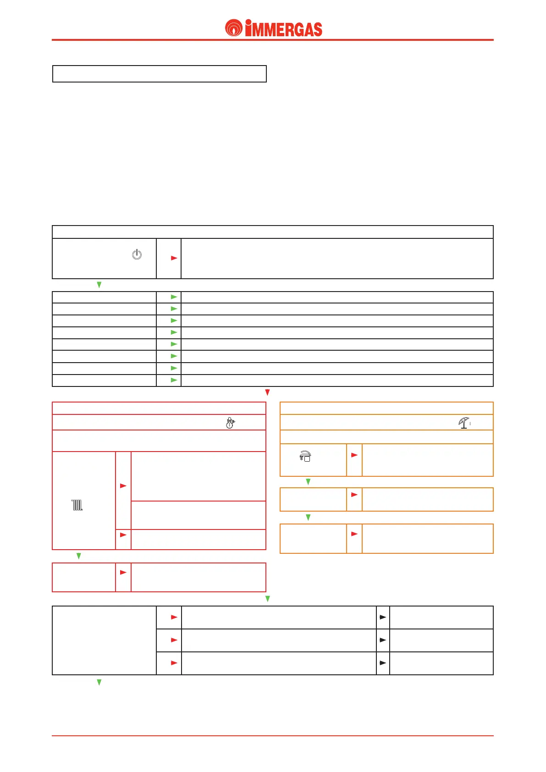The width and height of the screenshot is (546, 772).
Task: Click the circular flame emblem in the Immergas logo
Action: pyautogui.click(x=234, y=28)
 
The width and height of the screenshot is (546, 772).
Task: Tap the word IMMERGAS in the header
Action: pyautogui.click(x=284, y=29)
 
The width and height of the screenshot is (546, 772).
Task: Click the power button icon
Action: pyautogui.click(x=137, y=254)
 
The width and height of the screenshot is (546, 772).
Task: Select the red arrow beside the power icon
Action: pyautogui.click(x=174, y=258)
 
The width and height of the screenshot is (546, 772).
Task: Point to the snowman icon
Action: pyautogui.click(x=230, y=423)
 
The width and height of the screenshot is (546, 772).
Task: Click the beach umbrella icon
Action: pyautogui.click(x=464, y=423)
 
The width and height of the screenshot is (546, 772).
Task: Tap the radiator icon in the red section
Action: pyautogui.click(x=77, y=505)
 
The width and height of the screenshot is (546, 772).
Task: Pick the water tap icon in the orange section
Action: pyautogui.click(x=305, y=456)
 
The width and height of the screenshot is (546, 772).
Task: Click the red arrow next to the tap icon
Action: pyautogui.click(x=354, y=455)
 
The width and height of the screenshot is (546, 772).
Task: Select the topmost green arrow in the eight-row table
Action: pyautogui.click(x=174, y=297)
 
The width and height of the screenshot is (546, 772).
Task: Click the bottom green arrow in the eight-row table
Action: pyautogui.click(x=174, y=380)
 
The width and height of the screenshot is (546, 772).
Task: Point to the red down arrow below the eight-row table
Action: pyautogui.click(x=268, y=393)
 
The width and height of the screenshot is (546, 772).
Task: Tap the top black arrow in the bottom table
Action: pyautogui.click(x=383, y=617)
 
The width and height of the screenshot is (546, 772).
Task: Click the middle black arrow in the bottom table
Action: pyautogui.click(x=383, y=640)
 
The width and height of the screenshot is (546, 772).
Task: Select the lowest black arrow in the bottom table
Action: pyautogui.click(x=383, y=663)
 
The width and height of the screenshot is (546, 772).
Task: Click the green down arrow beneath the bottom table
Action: pyautogui.click(x=99, y=683)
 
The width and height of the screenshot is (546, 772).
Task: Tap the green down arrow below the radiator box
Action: pyautogui.click(x=79, y=556)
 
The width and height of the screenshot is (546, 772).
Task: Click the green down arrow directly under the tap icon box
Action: pyautogui.click(x=308, y=482)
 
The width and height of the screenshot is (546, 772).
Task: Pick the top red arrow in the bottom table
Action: pyautogui.click(x=174, y=617)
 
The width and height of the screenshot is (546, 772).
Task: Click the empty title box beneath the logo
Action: pyautogui.click(x=160, y=74)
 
